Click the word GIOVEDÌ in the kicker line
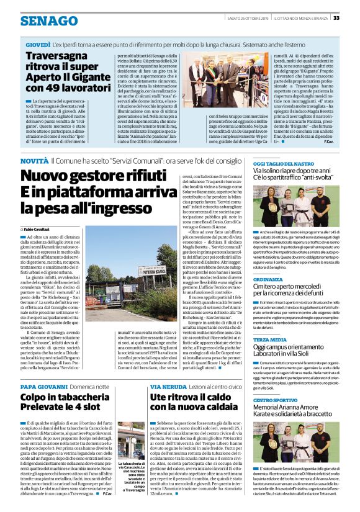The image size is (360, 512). click(38, 46)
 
